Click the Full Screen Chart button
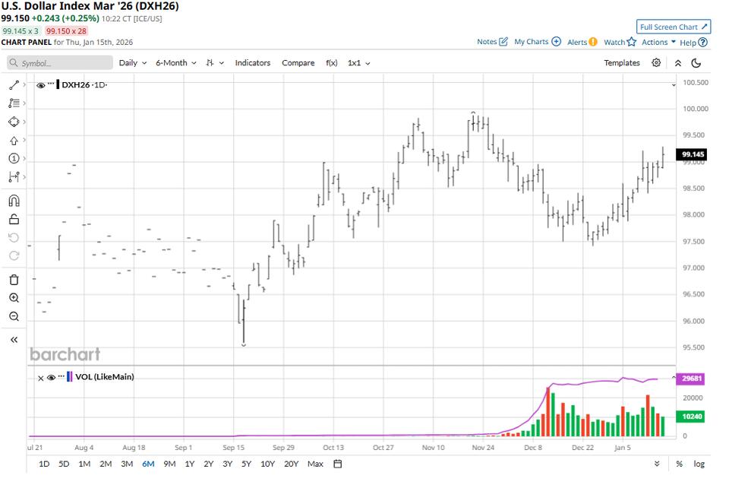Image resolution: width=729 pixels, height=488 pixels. (x=674, y=27)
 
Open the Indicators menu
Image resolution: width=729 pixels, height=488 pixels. (x=252, y=63)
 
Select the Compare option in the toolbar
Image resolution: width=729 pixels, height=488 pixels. (x=298, y=63)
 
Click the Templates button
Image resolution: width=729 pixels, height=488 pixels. (x=622, y=63)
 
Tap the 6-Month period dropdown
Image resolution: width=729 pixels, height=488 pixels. (x=175, y=63)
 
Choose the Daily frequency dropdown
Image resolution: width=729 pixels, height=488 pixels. (x=133, y=63)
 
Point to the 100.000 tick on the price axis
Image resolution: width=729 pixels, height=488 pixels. (x=696, y=109)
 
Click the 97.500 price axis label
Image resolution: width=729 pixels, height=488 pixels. (x=696, y=242)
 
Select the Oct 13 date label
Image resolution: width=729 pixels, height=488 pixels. (x=333, y=448)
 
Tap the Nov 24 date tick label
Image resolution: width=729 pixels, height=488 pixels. (x=483, y=448)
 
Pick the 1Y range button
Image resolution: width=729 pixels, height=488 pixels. (x=190, y=464)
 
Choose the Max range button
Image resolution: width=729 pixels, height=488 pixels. (x=315, y=464)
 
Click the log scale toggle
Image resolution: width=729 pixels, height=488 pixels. (x=699, y=464)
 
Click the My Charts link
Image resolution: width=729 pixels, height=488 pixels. (x=537, y=42)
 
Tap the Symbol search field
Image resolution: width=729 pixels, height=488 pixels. (x=61, y=63)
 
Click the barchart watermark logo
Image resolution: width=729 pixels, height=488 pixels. (x=65, y=354)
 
